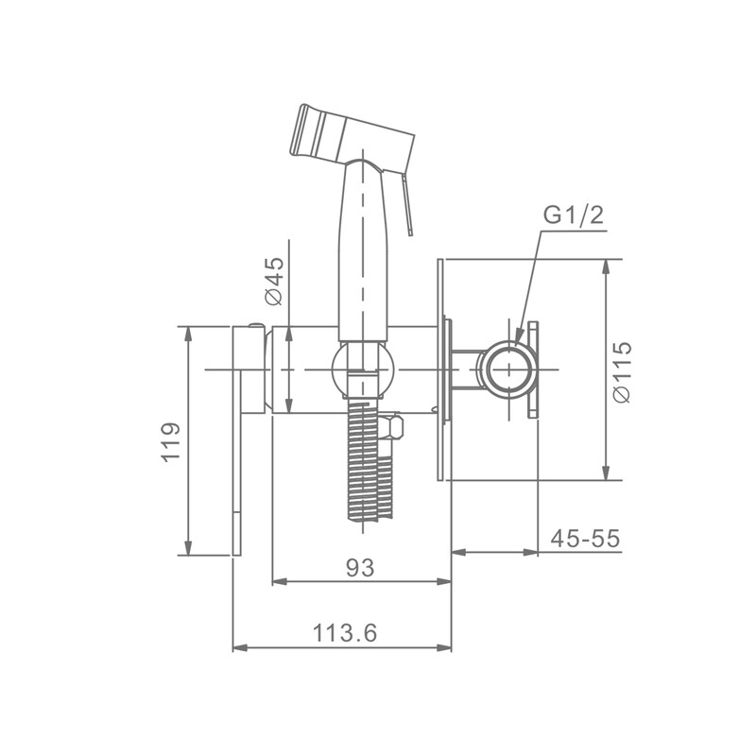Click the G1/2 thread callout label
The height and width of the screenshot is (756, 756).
point(574,215)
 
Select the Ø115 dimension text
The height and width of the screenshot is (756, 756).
point(621,371)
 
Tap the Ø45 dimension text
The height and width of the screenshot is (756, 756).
point(274,281)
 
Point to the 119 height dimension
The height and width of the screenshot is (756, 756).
point(170,442)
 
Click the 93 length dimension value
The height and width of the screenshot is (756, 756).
point(360,568)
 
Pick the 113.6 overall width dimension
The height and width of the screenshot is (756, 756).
point(345,632)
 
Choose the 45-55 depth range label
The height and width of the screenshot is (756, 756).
point(585,538)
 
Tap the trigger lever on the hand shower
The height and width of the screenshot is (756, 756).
point(405,202)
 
